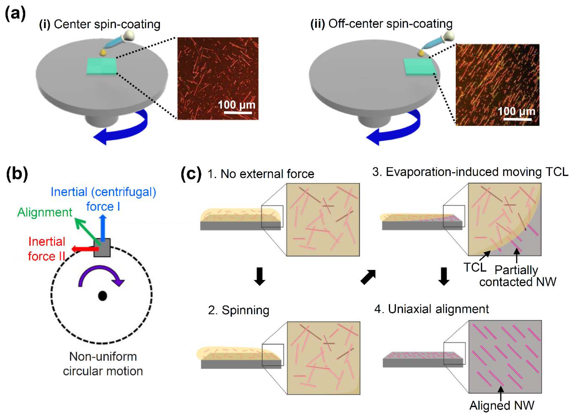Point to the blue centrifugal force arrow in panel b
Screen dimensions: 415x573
(103, 227)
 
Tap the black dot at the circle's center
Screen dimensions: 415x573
(102, 296)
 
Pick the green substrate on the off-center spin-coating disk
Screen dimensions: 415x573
(419, 67)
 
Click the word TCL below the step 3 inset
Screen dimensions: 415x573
(475, 267)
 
